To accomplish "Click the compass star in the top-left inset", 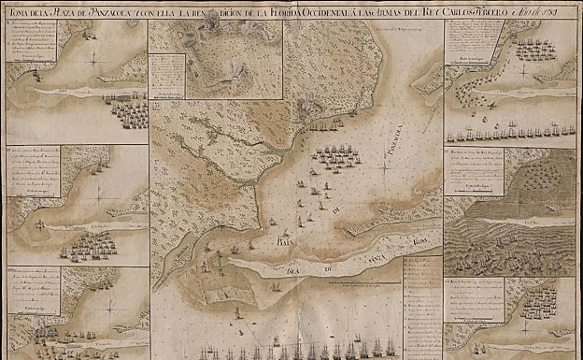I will tap(92, 59).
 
